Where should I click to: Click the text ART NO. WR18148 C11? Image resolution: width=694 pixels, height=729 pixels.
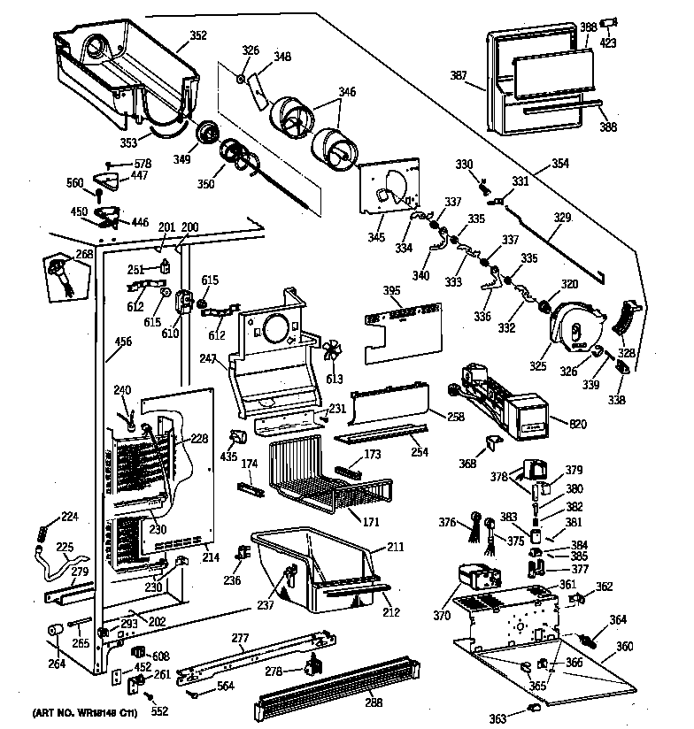pyautogui.click(x=87, y=711)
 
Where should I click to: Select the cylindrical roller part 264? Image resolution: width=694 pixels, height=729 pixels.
pyautogui.click(x=55, y=632)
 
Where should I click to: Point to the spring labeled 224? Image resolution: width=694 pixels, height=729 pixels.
pyautogui.click(x=42, y=533)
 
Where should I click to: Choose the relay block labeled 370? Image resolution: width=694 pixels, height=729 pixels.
pyautogui.click(x=475, y=581)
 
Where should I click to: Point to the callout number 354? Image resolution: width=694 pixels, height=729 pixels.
pyautogui.click(x=559, y=164)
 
